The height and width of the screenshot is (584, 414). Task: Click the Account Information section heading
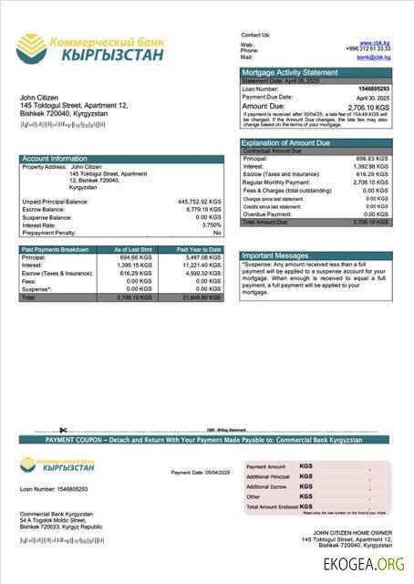pyautogui.click(x=55, y=159)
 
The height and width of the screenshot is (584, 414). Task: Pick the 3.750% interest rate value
pyautogui.click(x=212, y=224)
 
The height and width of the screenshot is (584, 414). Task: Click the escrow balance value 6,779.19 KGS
pyautogui.click(x=203, y=209)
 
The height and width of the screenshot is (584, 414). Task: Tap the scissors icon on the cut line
pyautogui.click(x=63, y=430)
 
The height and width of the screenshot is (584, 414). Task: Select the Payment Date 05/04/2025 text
pyautogui.click(x=201, y=472)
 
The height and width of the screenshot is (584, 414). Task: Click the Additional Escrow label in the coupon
pyautogui.click(x=266, y=487)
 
